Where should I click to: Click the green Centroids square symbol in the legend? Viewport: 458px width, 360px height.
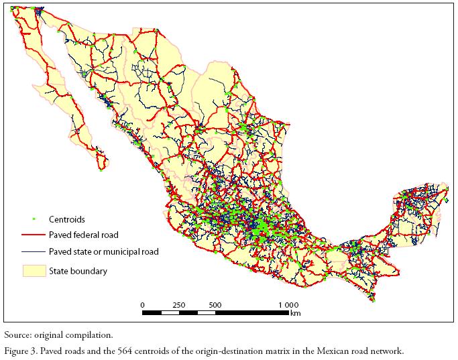(33, 219)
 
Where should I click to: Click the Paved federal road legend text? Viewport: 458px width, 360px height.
(83, 235)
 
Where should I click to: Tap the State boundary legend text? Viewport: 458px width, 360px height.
(77, 272)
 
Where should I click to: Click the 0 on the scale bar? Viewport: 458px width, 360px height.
(142, 305)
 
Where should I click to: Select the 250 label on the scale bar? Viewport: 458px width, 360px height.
(179, 305)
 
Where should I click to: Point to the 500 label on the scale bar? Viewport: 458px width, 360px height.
(215, 305)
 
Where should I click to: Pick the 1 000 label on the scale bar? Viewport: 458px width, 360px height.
(288, 305)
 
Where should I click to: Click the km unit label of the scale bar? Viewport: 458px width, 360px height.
(295, 313)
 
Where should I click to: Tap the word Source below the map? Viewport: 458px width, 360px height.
(17, 334)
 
